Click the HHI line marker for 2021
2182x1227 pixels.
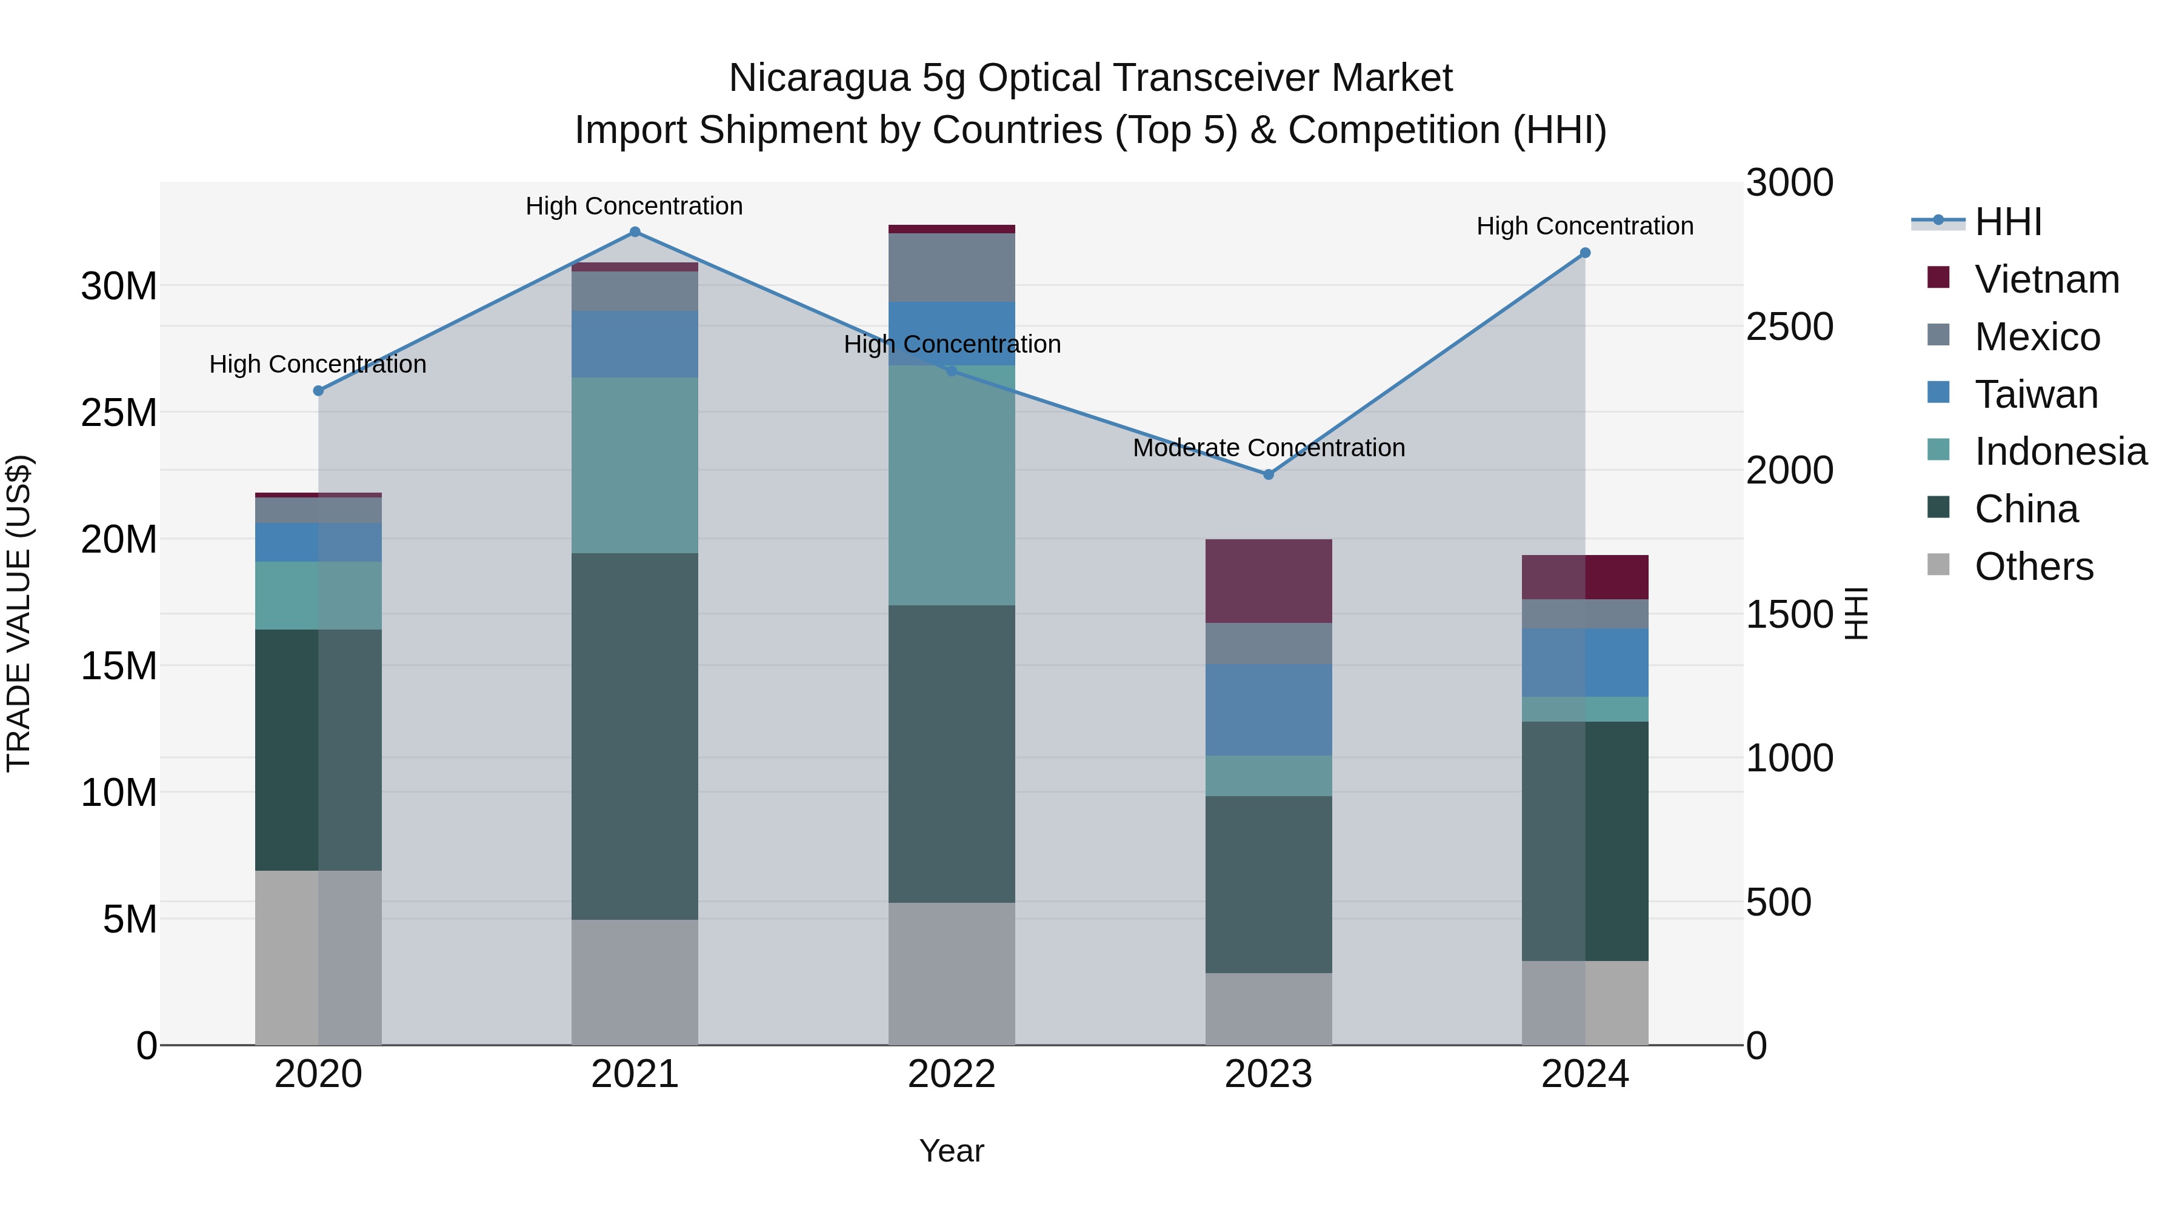(x=635, y=232)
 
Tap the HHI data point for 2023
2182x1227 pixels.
(x=1268, y=475)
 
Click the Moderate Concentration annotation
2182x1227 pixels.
(x=1268, y=448)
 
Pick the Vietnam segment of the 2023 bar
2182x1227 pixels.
(x=1268, y=581)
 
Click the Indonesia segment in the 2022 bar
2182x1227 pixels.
(x=951, y=485)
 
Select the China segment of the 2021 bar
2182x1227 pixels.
(x=635, y=737)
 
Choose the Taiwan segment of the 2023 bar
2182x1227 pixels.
(x=1268, y=710)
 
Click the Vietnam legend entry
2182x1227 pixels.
(x=2046, y=279)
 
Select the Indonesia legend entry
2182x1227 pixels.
(x=2060, y=451)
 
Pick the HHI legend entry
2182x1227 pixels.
(x=2007, y=222)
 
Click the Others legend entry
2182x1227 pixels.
(x=2033, y=567)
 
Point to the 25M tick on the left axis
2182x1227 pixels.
(x=119, y=413)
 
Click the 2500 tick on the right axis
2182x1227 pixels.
(x=1789, y=327)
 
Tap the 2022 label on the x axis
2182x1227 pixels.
(x=951, y=1074)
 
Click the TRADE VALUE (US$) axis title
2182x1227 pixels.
(x=19, y=613)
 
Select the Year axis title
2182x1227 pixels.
(x=951, y=1151)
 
